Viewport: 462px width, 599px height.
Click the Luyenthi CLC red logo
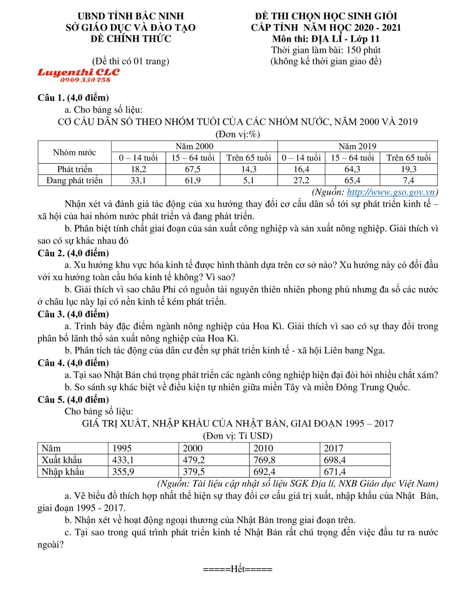79,72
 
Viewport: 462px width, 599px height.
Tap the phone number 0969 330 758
85,80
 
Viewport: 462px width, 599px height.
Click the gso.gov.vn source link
391,192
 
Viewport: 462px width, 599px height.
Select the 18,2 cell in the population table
138,169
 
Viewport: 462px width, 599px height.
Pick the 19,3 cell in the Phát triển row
408,169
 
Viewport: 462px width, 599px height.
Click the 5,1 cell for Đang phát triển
249,180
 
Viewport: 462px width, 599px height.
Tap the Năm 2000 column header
194,146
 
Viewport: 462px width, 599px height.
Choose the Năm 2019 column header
357,146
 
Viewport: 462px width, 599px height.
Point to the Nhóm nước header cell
74,152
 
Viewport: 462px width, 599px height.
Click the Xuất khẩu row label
62,460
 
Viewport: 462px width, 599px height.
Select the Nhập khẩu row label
63,472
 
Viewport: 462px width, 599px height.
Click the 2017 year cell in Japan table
333,448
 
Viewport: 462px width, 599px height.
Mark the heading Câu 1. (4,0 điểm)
73,98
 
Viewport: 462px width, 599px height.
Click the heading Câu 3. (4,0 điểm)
73,314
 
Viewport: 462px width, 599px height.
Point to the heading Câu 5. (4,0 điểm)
73,400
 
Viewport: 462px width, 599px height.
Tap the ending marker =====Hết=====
238,569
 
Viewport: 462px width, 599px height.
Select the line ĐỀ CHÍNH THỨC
131,39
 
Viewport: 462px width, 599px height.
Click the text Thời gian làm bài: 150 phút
326,50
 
